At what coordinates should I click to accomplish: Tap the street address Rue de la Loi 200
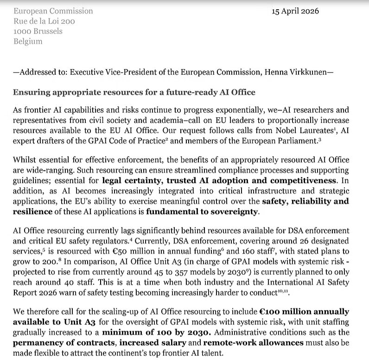tap(45, 21)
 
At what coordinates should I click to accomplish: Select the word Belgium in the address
tap(28, 42)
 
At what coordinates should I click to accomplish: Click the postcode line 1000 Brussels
tap(38, 32)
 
